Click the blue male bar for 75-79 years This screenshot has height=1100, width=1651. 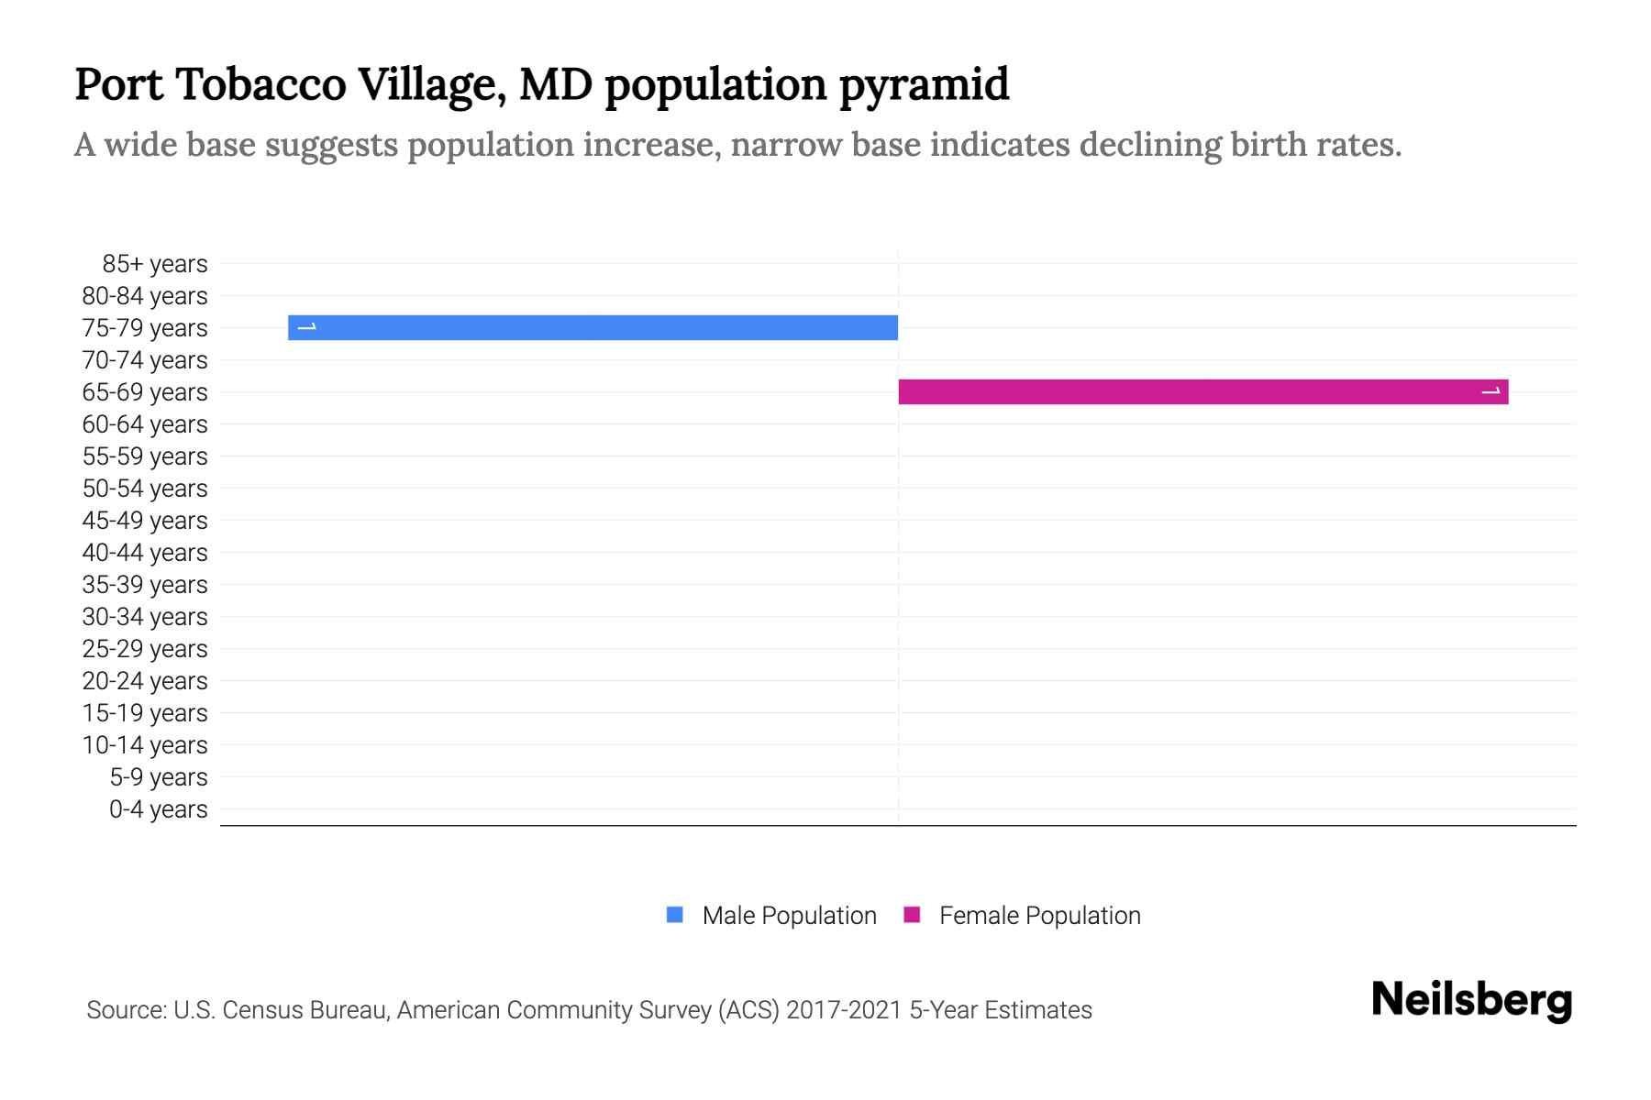click(x=593, y=327)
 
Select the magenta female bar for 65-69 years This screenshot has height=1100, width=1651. click(x=1202, y=391)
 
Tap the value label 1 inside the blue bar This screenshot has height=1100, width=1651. click(x=307, y=327)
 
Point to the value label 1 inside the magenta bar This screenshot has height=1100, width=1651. click(x=1491, y=391)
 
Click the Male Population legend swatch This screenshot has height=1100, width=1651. click(x=674, y=915)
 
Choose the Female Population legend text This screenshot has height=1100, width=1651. click(x=1039, y=915)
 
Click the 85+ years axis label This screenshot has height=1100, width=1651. click(x=154, y=264)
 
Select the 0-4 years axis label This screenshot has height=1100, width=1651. click(x=158, y=809)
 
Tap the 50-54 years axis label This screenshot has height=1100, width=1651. click(x=145, y=489)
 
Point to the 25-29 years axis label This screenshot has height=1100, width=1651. click(x=145, y=649)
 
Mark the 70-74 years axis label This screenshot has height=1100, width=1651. click(x=145, y=360)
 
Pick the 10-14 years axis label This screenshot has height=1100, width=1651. click(x=145, y=745)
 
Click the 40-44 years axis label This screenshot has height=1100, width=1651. click(x=145, y=553)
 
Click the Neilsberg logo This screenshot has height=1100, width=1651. click(x=1471, y=1000)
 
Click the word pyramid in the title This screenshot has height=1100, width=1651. click(x=924, y=85)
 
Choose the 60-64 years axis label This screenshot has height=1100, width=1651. click(x=145, y=424)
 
